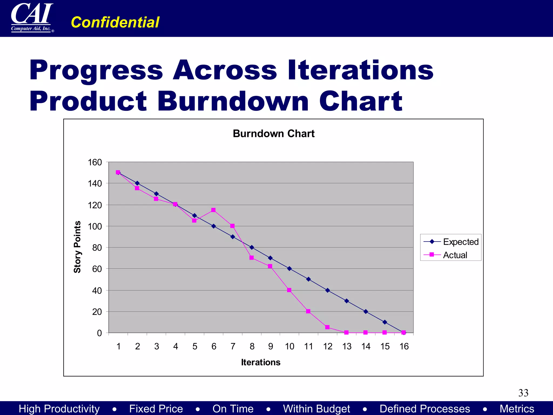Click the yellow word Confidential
point(115,22)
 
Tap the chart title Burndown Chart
point(274,133)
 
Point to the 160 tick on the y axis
point(95,162)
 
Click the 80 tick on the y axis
point(97,247)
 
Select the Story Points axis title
point(77,247)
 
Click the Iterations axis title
point(261,362)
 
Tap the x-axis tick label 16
point(404,346)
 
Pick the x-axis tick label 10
point(289,346)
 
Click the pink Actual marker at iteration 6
point(213,210)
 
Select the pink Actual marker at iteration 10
point(289,290)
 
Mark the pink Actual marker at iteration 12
point(327,327)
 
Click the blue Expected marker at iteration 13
point(347,301)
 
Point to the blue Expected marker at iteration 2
point(137,183)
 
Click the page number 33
point(523,393)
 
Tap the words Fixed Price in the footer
point(156,409)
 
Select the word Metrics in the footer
point(517,409)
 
